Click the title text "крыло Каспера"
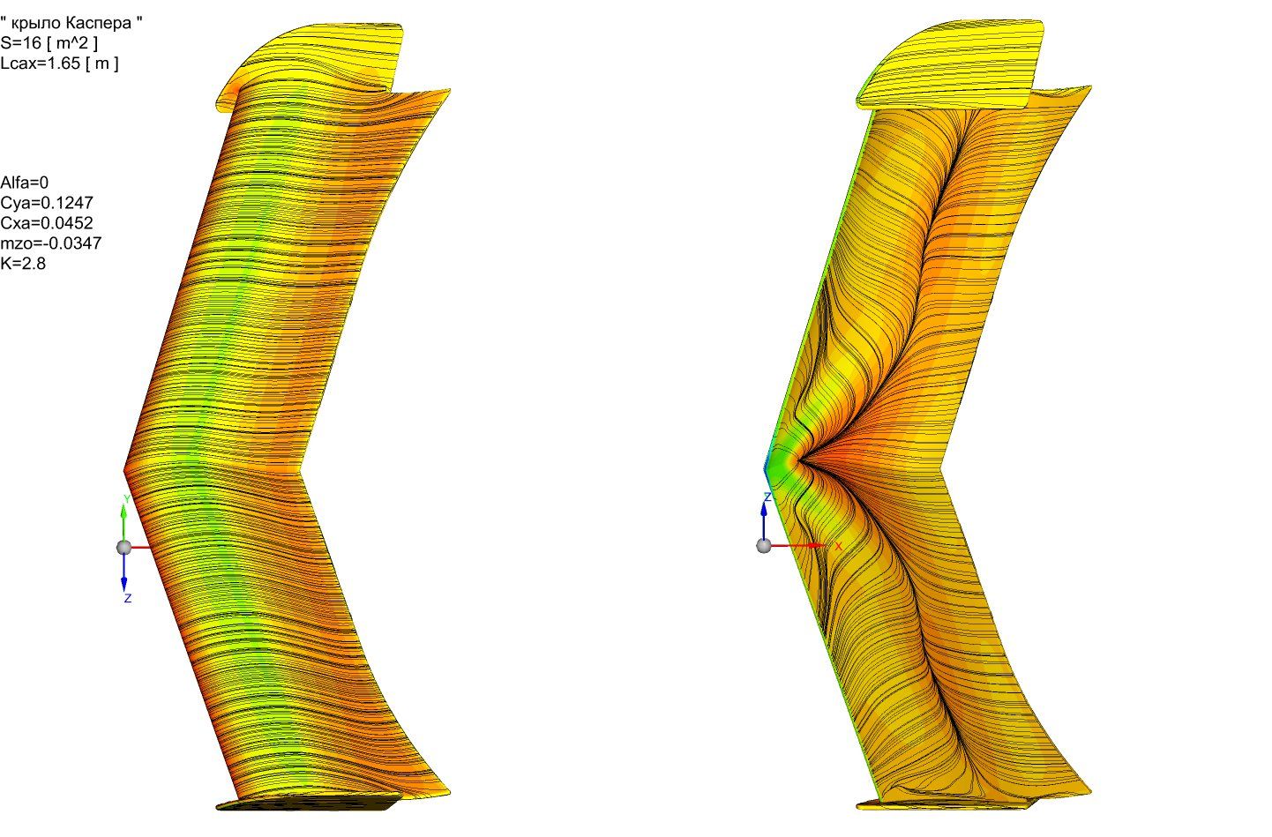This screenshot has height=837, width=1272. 75,23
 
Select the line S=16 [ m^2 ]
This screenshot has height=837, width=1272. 49,43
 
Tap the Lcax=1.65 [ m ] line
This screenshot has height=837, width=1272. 60,63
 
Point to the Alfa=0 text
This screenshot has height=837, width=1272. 25,183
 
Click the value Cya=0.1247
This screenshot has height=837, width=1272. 47,203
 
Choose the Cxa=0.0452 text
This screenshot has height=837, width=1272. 47,223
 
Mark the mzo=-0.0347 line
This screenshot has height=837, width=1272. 50,243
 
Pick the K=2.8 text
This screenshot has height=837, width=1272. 23,264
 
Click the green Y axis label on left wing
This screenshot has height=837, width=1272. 127,499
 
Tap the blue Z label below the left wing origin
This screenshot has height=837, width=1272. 128,598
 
